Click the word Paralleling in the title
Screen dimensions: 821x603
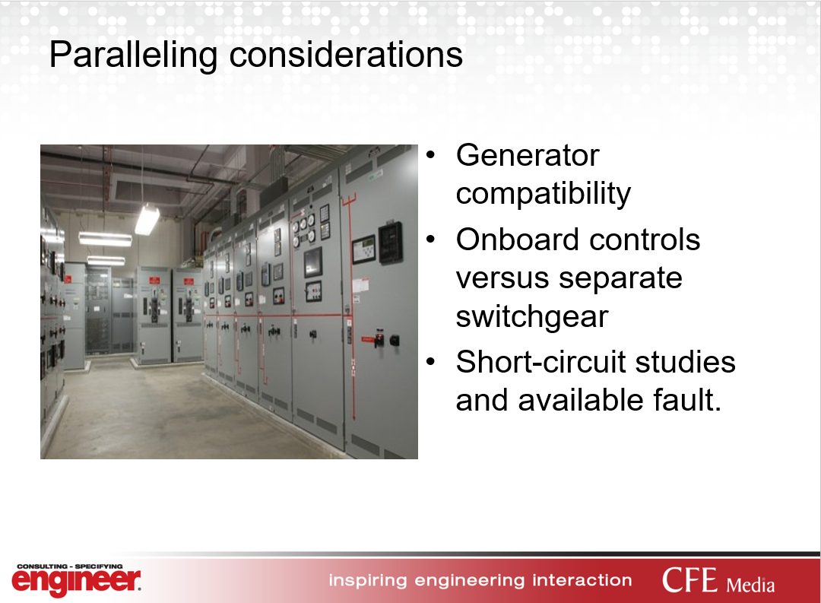click(x=133, y=55)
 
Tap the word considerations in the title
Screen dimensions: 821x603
click(x=346, y=55)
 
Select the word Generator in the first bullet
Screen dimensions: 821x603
click(x=528, y=155)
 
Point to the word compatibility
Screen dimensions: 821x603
click(x=544, y=195)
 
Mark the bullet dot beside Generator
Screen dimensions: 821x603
click(x=430, y=155)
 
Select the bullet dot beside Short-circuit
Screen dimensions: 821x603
click(x=430, y=362)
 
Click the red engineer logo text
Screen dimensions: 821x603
click(x=77, y=582)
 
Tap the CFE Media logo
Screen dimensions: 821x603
click(x=718, y=580)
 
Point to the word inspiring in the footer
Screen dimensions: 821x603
click(x=368, y=580)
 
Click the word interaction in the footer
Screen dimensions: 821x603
click(x=582, y=580)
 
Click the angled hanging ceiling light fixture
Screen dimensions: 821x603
click(x=147, y=219)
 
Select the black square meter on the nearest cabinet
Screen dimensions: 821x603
click(x=391, y=243)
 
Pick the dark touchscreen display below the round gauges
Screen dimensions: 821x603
click(x=313, y=262)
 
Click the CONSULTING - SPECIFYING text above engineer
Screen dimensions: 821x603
click(x=70, y=567)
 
